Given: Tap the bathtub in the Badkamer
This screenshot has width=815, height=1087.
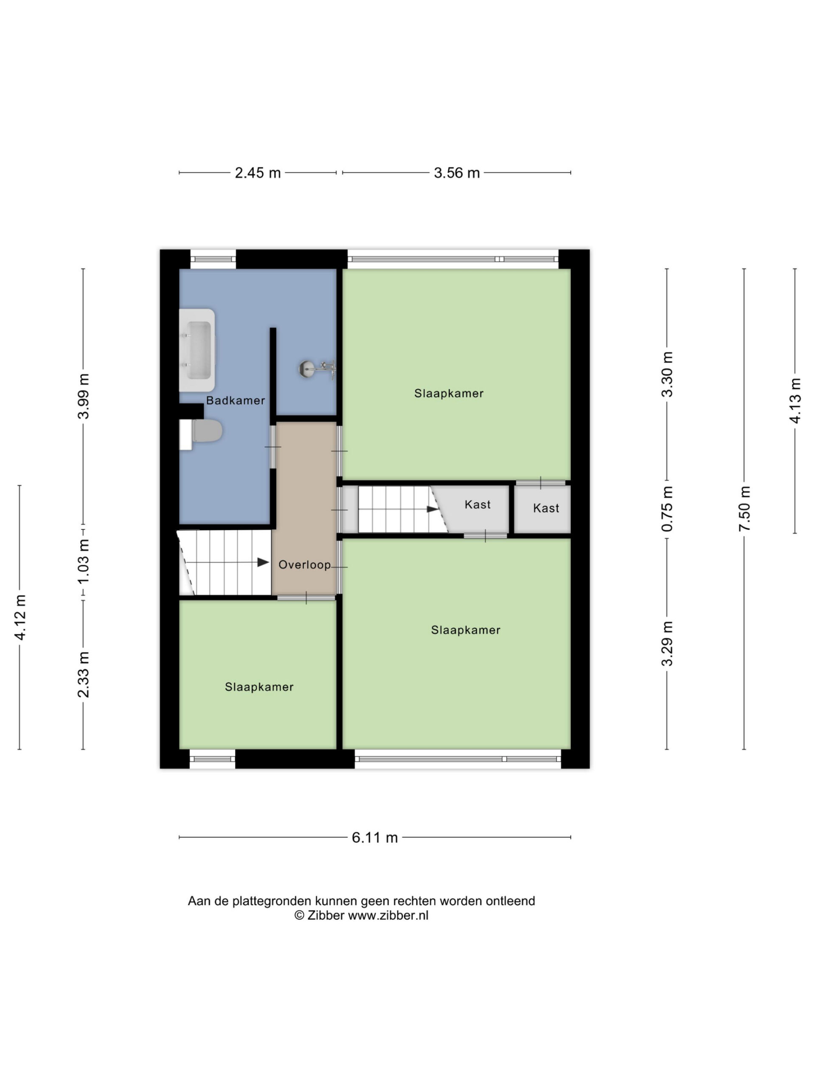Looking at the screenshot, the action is [197, 350].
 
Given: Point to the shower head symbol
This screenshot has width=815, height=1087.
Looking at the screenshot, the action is [317, 369].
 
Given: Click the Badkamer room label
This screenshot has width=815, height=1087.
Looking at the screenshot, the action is [235, 400].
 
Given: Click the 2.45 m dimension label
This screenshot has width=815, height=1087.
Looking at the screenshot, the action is [257, 173].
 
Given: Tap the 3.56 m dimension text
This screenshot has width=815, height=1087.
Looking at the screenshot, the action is [456, 173].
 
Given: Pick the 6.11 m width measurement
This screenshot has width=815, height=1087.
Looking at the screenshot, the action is [374, 837].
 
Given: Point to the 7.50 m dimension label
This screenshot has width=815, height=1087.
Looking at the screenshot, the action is [744, 508].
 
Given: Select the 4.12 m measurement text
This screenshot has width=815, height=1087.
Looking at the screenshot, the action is [20, 617].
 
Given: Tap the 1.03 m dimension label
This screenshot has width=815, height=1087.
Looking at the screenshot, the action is [84, 561].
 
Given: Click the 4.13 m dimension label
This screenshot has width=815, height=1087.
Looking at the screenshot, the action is [795, 400].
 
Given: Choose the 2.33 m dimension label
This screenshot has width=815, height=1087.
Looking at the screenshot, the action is [84, 675].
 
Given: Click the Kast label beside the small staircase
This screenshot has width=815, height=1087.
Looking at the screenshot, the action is [478, 504].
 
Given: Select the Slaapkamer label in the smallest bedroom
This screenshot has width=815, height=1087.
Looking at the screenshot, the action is [259, 687].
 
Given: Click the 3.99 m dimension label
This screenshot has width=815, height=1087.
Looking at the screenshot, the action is [84, 396].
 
